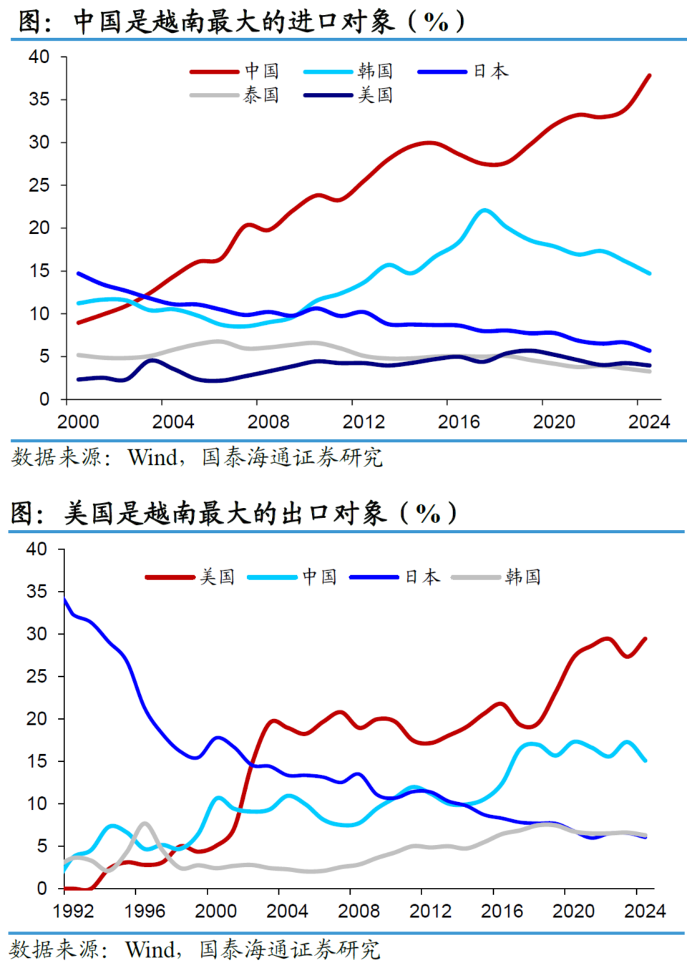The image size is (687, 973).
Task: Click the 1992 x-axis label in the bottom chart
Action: click(74, 911)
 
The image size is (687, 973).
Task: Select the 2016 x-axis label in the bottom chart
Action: click(502, 911)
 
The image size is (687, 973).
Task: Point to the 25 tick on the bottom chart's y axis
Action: click(36, 676)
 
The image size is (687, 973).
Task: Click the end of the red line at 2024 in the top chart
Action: click(649, 75)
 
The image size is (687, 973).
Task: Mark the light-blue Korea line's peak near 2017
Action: click(484, 210)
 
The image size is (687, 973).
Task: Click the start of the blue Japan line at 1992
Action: click(65, 600)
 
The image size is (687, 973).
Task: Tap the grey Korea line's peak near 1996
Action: click(145, 824)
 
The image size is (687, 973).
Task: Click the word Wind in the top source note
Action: click(152, 457)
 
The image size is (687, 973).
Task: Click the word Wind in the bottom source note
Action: click(150, 949)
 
